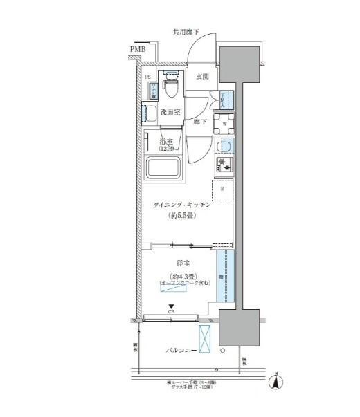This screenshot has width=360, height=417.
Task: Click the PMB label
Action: [x=137, y=49]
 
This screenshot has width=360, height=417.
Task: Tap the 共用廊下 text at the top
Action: [x=187, y=32]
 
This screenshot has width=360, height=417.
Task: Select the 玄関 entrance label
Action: [x=202, y=77]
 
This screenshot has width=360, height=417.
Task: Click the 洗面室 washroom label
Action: [x=170, y=111]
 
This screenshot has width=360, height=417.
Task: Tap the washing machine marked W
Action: [x=224, y=125]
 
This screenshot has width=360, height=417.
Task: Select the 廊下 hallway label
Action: [x=201, y=122]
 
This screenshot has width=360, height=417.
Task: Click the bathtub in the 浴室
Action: [x=163, y=167]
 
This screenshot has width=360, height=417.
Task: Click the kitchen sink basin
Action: [x=224, y=147]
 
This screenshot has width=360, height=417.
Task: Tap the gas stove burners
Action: [x=224, y=165]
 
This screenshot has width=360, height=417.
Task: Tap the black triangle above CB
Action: [x=171, y=307]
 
